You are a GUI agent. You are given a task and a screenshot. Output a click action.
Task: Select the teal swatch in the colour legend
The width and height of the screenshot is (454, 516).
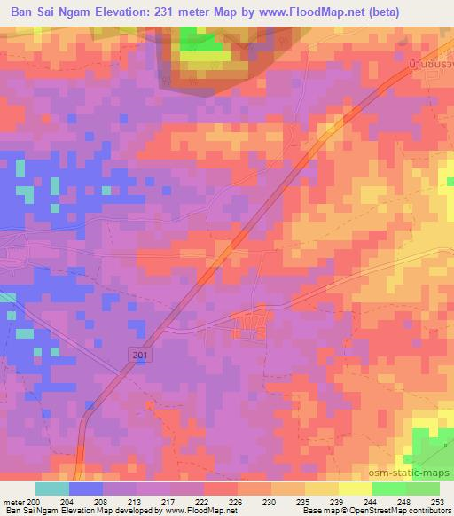tap(52, 488)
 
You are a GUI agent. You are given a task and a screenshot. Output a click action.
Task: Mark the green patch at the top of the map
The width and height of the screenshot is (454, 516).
tap(203, 42)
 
